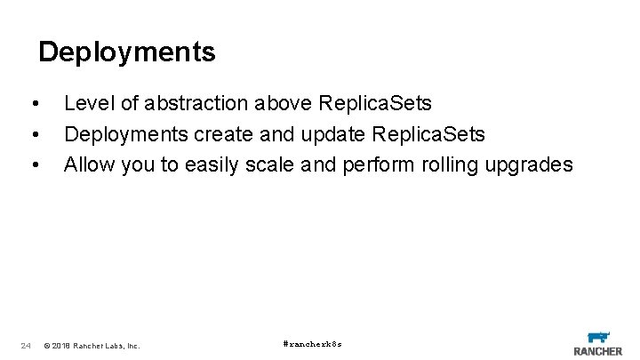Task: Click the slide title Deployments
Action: click(x=126, y=52)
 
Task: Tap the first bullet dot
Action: click(x=34, y=104)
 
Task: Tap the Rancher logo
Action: click(x=598, y=342)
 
